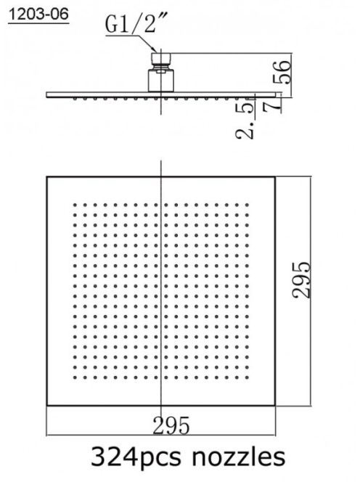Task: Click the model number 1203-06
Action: click(x=38, y=15)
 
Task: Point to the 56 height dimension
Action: click(x=282, y=72)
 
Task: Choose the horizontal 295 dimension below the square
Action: click(x=171, y=425)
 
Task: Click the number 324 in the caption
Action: click(x=115, y=457)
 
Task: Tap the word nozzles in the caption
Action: click(x=239, y=457)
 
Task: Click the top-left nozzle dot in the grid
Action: click(x=75, y=205)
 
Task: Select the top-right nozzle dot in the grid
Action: click(x=247, y=205)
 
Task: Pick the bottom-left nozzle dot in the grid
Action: click(x=75, y=377)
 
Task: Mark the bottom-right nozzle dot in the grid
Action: click(x=247, y=377)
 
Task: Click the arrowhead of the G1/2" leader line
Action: click(x=154, y=49)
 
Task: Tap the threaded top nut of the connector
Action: click(x=161, y=58)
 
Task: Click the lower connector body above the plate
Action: click(x=161, y=81)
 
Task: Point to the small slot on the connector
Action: click(x=161, y=72)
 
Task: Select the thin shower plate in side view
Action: click(x=163, y=94)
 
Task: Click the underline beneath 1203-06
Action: click(x=38, y=23)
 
